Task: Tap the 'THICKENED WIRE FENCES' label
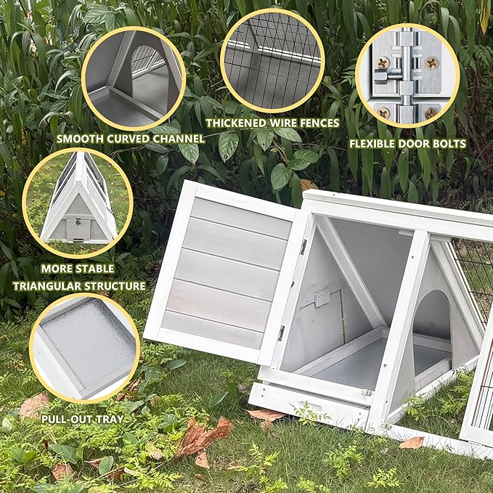[272, 123]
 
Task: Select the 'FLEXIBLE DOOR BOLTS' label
[407, 143]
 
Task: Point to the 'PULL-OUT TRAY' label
[82, 419]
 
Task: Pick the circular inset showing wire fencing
[272, 60]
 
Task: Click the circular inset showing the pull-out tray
[84, 347]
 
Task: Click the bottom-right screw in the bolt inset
[431, 113]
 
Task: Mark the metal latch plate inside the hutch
[322, 298]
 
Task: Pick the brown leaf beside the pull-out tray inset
[33, 404]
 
